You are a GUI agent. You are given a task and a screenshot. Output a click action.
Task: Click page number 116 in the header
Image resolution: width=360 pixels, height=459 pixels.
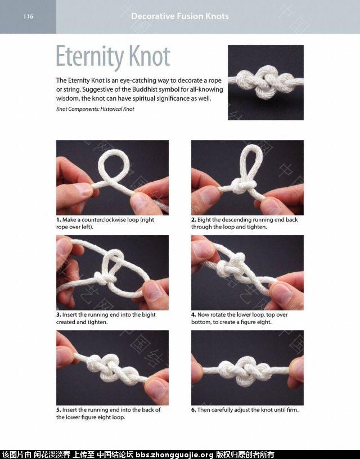pyautogui.click(x=28, y=16)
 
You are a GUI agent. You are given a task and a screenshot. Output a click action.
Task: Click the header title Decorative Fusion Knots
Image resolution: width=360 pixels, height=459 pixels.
pyautogui.click(x=180, y=16)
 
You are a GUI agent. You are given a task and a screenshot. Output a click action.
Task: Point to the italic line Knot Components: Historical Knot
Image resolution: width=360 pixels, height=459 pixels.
pyautogui.click(x=95, y=109)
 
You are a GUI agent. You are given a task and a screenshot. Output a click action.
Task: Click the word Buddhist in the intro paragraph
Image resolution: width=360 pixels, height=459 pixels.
pyautogui.click(x=145, y=89)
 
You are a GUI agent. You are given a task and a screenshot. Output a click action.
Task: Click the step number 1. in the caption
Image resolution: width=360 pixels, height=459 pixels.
pyautogui.click(x=58, y=219)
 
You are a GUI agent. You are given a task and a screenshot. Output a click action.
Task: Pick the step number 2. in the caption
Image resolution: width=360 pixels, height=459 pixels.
pyautogui.click(x=193, y=219)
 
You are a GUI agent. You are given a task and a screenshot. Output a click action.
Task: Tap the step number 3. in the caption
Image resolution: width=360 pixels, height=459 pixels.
pyautogui.click(x=58, y=314)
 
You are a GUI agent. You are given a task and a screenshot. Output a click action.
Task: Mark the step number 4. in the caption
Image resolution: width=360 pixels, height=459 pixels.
pyautogui.click(x=193, y=314)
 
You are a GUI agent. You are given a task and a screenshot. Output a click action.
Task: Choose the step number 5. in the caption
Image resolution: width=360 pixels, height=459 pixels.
pyautogui.click(x=58, y=410)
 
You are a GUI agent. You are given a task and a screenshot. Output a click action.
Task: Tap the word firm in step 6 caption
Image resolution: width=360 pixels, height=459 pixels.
pyautogui.click(x=292, y=410)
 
